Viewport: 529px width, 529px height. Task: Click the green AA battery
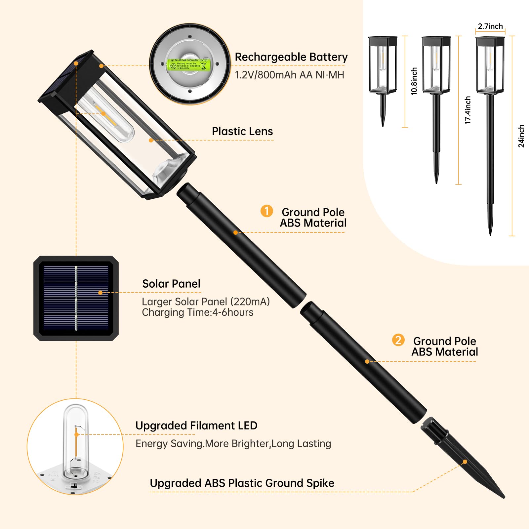[x=189, y=64]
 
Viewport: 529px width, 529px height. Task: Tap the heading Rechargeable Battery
[x=291, y=57]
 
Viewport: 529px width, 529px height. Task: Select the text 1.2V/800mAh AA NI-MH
[x=289, y=75]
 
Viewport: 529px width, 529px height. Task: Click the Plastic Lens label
[x=242, y=131]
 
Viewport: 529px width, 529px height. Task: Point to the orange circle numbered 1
[x=266, y=211]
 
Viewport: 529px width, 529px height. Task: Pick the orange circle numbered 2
[x=398, y=340]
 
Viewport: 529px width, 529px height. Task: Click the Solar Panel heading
[x=171, y=284]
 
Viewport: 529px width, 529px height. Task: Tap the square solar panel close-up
[x=76, y=298]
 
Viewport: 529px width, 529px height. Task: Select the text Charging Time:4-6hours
[x=197, y=312]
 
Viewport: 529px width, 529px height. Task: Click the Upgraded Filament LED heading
[x=196, y=426]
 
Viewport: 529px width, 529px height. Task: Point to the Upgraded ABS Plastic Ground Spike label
[x=242, y=483]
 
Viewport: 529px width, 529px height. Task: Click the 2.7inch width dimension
[x=490, y=26]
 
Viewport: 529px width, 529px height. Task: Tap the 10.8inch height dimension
[x=414, y=81]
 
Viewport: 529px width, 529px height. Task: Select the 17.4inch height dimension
[x=468, y=110]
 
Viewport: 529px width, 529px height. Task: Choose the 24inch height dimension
[x=521, y=136]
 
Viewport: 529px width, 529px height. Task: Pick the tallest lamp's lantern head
[x=490, y=64]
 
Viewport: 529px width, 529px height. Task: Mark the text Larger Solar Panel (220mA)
[x=206, y=302]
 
